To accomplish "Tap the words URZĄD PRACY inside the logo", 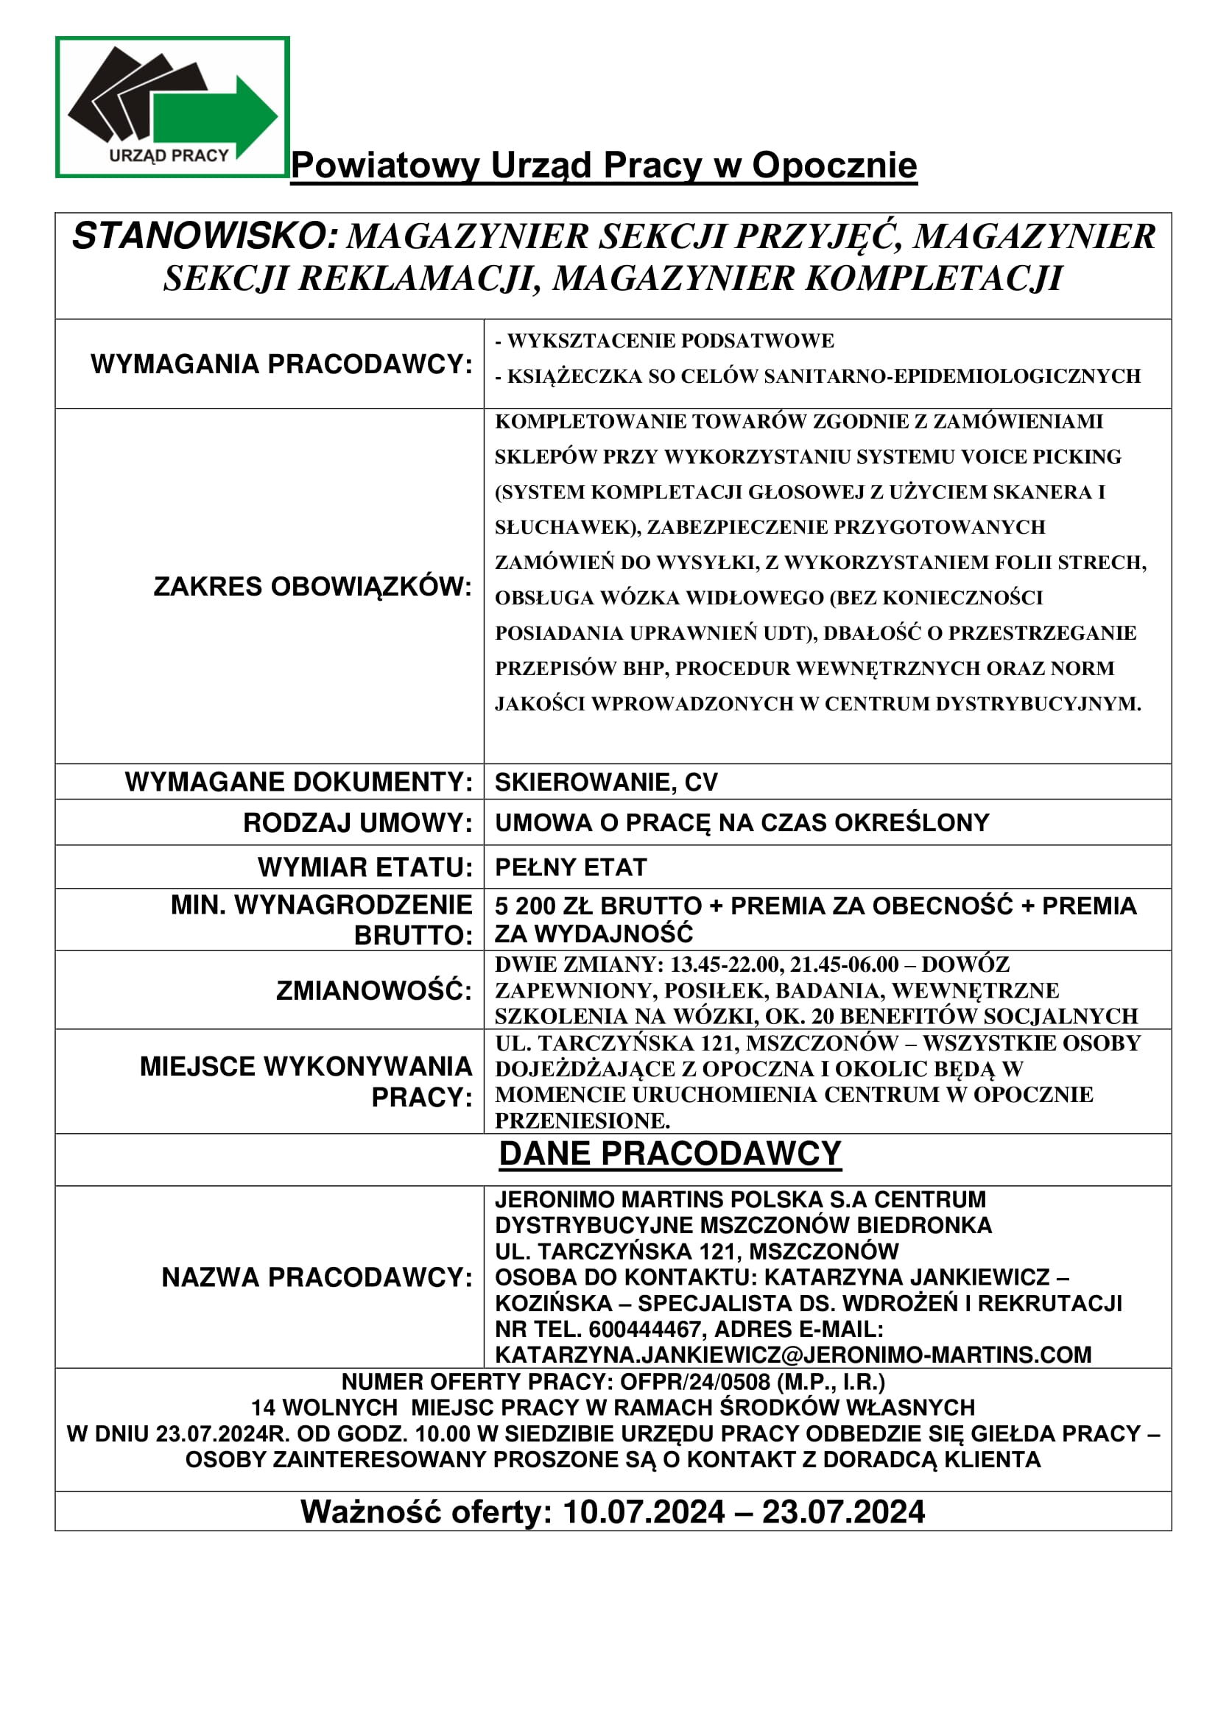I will pyautogui.click(x=169, y=156).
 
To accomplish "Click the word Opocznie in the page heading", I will pyautogui.click(x=834, y=166).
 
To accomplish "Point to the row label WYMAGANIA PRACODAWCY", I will pyautogui.click(x=282, y=364).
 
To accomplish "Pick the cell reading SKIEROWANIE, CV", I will pyautogui.click(x=606, y=783).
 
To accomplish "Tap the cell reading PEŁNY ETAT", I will pyautogui.click(x=571, y=867).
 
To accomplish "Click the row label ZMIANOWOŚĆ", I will pyautogui.click(x=374, y=991).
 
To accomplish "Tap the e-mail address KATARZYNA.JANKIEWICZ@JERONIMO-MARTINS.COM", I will pyautogui.click(x=794, y=1355).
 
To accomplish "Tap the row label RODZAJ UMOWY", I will pyautogui.click(x=358, y=823).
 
